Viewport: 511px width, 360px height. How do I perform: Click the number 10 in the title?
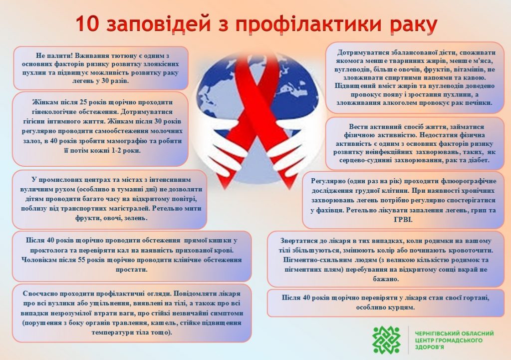point(87,24)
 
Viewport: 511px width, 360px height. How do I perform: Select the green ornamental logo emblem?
point(387,340)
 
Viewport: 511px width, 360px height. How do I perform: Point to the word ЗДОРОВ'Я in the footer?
point(429,347)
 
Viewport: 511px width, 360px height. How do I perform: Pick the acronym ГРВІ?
point(403,220)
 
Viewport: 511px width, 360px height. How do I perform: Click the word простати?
point(132,270)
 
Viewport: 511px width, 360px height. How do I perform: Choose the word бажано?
point(386,279)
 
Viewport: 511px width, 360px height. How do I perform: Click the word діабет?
point(478,160)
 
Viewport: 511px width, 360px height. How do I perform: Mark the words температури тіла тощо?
point(131,333)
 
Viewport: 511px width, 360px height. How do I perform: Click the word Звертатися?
point(295,241)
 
